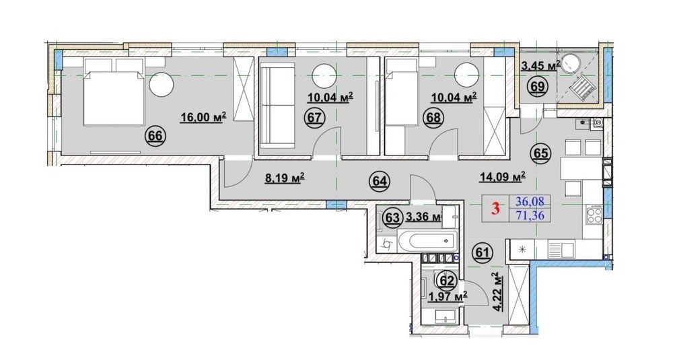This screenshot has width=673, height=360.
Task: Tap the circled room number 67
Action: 314,117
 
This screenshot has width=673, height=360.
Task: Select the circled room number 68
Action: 434,117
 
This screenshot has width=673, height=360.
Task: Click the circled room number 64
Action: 380,181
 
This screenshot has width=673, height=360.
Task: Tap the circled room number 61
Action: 483,252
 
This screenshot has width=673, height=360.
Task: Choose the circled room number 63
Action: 392,217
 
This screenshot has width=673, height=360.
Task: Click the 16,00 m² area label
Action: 203,117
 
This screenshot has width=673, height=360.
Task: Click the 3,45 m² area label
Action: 541,66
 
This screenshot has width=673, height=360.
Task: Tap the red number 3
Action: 496,209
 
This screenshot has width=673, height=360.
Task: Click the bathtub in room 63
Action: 427,240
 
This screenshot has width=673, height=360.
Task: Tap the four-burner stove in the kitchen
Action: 594,214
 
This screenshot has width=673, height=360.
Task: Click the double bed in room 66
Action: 113,98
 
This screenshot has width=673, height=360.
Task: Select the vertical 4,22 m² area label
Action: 498,289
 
